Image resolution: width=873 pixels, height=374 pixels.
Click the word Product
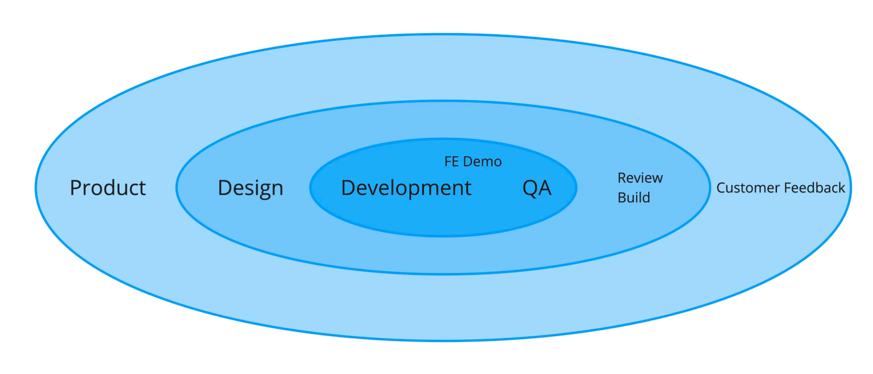point(107,188)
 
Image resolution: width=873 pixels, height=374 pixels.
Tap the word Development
point(406,188)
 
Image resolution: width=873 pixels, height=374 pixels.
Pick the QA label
point(537,188)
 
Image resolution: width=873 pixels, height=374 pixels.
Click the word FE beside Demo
point(451,162)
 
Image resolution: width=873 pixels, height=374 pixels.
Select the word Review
point(640,178)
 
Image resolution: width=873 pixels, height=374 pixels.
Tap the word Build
point(633,197)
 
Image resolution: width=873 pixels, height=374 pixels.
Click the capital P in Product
point(76,188)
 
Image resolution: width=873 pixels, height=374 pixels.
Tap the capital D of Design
point(224,188)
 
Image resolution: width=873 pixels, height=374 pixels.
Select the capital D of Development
point(348,188)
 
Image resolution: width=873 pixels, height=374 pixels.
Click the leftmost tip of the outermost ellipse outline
point(36,188)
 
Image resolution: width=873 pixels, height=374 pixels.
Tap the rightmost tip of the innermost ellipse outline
point(576,188)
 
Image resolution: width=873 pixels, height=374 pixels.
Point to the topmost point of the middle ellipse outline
point(443,101)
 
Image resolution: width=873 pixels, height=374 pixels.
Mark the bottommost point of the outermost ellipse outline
point(443,341)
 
